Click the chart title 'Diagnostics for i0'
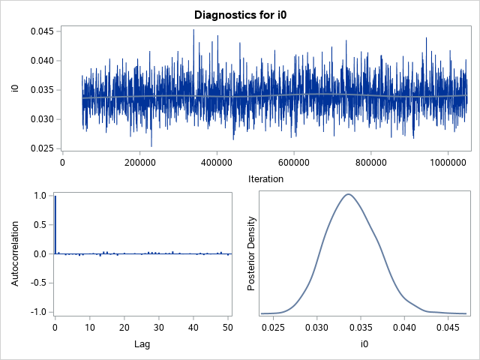click(x=239, y=14)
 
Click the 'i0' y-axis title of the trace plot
click(x=14, y=89)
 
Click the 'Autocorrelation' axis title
click(x=14, y=253)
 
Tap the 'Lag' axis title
click(x=143, y=344)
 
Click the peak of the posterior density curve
click(x=348, y=194)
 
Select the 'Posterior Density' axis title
click(x=253, y=253)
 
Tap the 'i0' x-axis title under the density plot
click(x=363, y=344)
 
